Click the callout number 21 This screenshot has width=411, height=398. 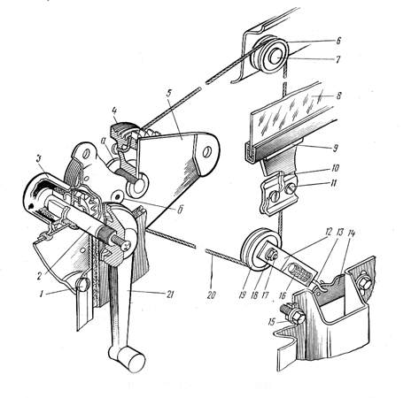[170, 295]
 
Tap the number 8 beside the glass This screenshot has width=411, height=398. [338, 96]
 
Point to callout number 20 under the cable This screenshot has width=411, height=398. [211, 295]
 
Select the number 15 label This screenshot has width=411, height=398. [272, 322]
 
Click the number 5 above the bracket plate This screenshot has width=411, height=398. [169, 94]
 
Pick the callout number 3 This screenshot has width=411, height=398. [38, 159]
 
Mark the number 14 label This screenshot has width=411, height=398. [352, 233]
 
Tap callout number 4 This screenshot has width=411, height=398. [114, 111]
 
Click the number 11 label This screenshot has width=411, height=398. [333, 183]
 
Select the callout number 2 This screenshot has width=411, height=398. [40, 277]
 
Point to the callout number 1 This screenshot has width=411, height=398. [42, 294]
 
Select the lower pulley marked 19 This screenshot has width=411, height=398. [258, 249]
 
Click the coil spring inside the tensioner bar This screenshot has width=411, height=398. [300, 272]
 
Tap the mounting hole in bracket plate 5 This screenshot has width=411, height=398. [208, 152]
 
